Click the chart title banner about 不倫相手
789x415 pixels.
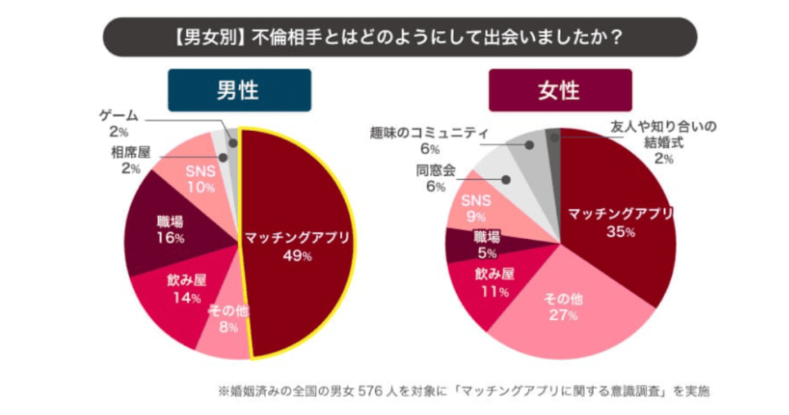point(399,37)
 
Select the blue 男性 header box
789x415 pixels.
point(239,90)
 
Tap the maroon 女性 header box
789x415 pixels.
point(560,90)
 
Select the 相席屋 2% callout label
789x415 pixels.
point(125,159)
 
